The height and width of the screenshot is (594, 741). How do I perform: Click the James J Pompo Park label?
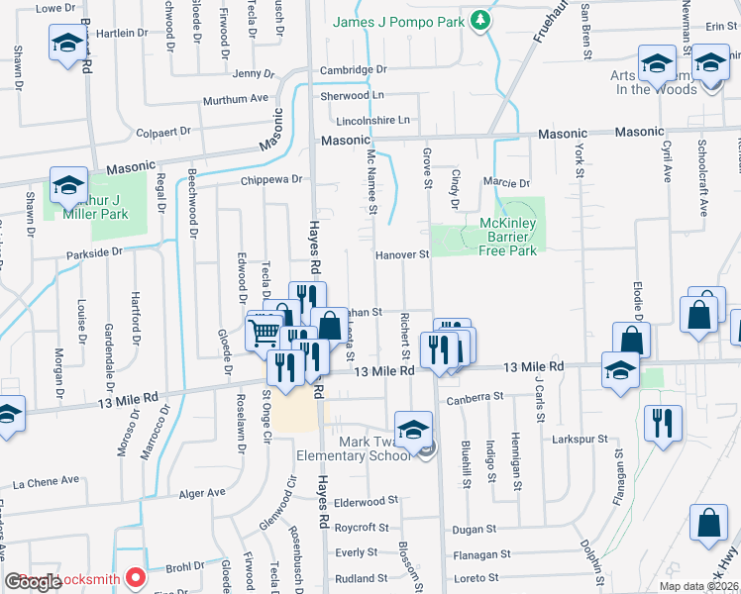398,21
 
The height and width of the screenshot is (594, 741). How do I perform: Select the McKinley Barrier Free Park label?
508,237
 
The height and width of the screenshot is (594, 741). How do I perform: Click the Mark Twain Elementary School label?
355,447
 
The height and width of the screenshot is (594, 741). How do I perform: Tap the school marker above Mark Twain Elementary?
413,429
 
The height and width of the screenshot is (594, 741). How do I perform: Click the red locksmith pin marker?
137,577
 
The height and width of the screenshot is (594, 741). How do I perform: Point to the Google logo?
33,583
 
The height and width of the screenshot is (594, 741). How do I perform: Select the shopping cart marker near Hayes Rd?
264,331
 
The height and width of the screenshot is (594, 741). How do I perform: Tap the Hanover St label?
401,254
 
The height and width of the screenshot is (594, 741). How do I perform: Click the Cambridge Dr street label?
353,70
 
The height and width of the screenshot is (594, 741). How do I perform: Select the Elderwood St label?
366,502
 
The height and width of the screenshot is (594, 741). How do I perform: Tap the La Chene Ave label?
46,481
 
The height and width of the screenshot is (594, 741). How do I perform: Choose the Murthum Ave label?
236,99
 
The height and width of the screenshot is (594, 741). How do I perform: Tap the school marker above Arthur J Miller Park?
69,185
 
